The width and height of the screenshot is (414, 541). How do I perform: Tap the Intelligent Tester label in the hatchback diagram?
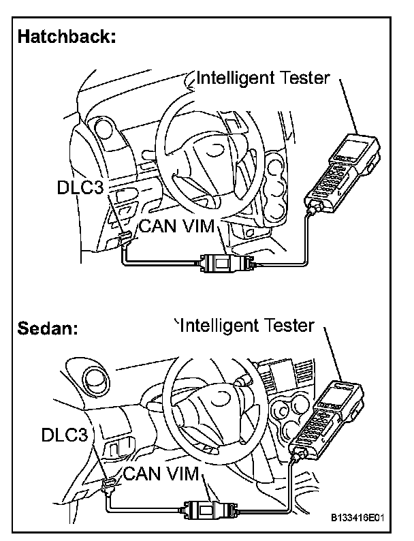tap(263, 78)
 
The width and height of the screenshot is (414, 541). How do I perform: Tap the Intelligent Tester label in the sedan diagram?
tap(246, 326)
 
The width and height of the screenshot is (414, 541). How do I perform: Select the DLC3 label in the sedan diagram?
tap(64, 435)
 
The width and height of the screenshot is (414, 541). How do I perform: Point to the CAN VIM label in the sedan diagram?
tap(160, 474)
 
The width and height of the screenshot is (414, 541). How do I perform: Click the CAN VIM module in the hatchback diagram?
tap(225, 263)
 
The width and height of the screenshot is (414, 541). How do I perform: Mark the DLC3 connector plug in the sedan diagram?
tap(107, 485)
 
